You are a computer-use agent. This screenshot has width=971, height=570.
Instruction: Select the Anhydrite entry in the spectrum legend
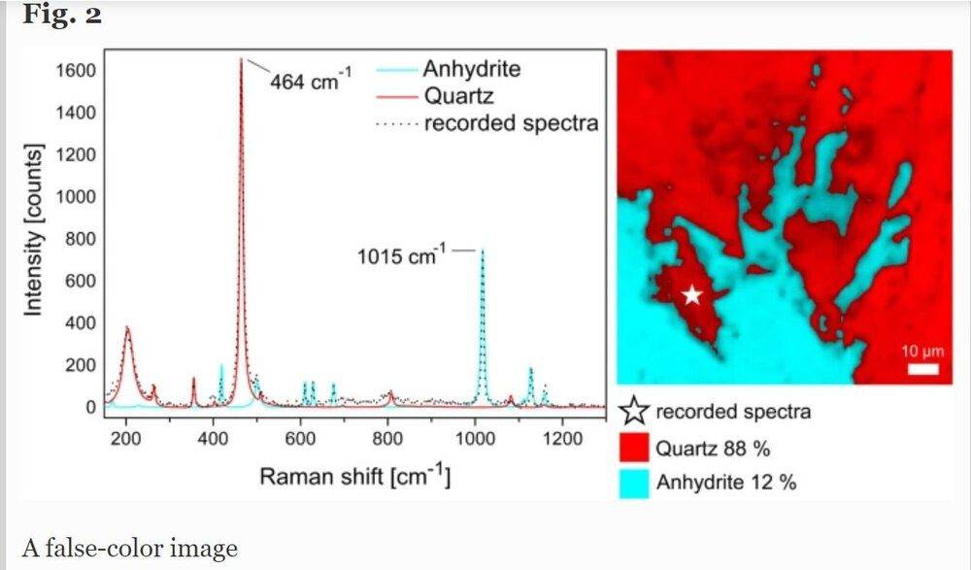(x=471, y=69)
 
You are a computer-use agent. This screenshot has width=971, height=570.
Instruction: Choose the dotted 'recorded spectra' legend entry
(x=511, y=123)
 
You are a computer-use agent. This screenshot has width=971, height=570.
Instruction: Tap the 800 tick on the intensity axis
(x=81, y=239)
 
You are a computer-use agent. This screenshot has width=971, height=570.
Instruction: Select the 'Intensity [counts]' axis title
(x=34, y=229)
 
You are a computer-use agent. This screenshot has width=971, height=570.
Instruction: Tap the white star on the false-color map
(x=691, y=295)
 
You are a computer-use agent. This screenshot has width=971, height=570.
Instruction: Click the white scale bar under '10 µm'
(x=923, y=369)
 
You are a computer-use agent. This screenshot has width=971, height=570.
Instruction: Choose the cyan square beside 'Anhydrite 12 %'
(x=633, y=482)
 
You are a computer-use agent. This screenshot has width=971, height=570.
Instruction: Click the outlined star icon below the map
(x=633, y=412)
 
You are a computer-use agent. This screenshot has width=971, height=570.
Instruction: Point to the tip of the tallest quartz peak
(x=241, y=59)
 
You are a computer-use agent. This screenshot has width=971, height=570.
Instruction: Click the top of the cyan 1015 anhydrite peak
(x=482, y=251)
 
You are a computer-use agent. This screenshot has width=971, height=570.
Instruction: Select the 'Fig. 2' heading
(x=61, y=17)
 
